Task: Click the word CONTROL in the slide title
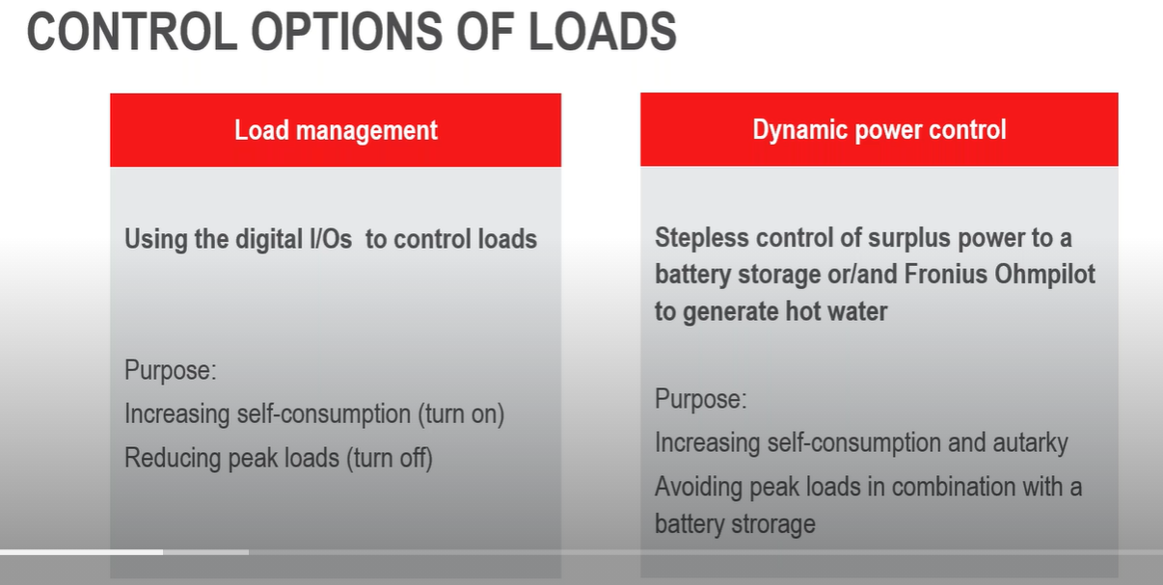point(130,32)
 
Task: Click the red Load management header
point(336,130)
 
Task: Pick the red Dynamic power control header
point(879,130)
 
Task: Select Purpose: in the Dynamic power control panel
point(700,399)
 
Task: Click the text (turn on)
point(461,414)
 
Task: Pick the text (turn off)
point(389,458)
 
